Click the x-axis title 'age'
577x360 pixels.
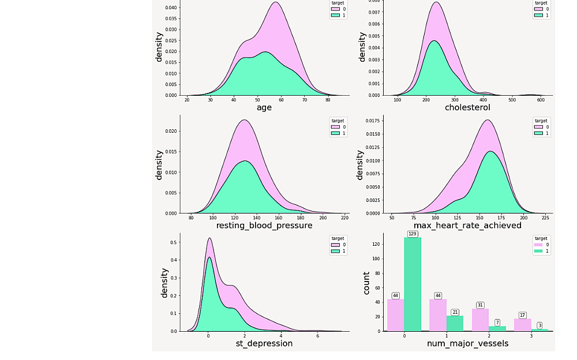pyautogui.click(x=264, y=107)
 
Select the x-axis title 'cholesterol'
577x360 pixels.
pyautogui.click(x=467, y=107)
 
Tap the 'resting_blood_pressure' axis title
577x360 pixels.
pyautogui.click(x=264, y=226)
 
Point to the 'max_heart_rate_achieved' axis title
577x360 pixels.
pyautogui.click(x=467, y=226)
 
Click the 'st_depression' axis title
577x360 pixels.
pyautogui.click(x=264, y=344)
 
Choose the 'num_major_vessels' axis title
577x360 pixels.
pyautogui.click(x=467, y=344)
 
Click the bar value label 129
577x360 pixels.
pyautogui.click(x=412, y=234)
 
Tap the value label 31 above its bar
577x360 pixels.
pyautogui.click(x=480, y=305)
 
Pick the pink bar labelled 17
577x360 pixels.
pyautogui.click(x=523, y=325)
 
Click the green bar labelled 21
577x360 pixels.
pyautogui.click(x=455, y=323)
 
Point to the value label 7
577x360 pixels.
pyautogui.click(x=497, y=322)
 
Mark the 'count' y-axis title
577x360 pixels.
pyautogui.click(x=366, y=283)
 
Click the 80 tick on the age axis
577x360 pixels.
pyautogui.click(x=328, y=100)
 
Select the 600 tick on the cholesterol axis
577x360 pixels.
pyautogui.click(x=541, y=100)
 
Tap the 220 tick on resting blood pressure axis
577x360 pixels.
pyautogui.click(x=344, y=219)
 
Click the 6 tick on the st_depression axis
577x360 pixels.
pyautogui.click(x=317, y=336)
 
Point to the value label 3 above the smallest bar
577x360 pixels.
pyautogui.click(x=539, y=325)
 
